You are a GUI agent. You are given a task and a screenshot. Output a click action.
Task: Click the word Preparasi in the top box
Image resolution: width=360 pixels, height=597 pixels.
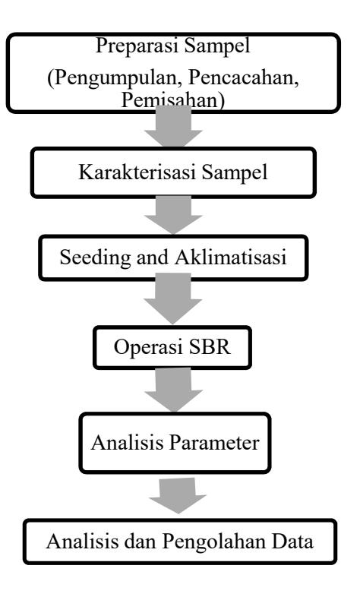[137, 46]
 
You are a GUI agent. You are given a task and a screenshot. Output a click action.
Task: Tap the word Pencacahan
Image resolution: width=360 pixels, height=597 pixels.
[244, 78]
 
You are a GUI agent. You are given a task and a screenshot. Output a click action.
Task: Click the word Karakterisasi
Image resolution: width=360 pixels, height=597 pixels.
[137, 172]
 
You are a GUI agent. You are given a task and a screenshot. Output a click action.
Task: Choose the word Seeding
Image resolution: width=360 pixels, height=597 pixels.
[95, 257]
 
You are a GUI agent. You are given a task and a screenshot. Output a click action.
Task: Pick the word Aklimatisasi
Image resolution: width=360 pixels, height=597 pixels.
[231, 257]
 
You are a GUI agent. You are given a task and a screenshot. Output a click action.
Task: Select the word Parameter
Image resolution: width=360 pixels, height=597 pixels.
[214, 443]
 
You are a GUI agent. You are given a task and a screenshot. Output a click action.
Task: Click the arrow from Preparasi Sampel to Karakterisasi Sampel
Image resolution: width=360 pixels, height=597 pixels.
[173, 126]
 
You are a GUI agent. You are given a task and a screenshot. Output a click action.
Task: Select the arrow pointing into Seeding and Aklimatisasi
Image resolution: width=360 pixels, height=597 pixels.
[173, 215]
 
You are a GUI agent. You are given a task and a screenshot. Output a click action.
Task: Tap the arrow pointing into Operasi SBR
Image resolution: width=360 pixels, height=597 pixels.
[172, 299]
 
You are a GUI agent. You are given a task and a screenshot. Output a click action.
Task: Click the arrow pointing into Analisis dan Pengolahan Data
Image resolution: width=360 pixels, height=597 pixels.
[177, 496]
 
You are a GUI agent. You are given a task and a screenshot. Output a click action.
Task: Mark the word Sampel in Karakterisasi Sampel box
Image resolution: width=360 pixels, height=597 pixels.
[235, 172]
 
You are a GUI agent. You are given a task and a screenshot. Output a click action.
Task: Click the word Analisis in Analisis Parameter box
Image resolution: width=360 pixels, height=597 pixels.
[128, 443]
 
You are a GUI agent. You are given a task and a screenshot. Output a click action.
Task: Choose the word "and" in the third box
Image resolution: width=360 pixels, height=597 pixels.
[152, 257]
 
